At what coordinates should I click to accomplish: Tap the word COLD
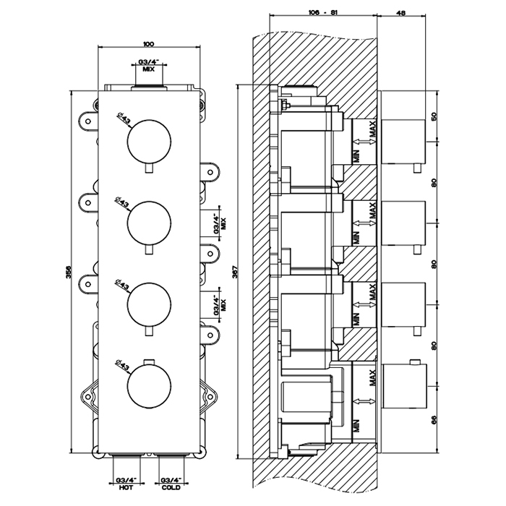[x=171, y=487]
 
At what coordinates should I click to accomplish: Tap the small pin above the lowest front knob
[x=149, y=361]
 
